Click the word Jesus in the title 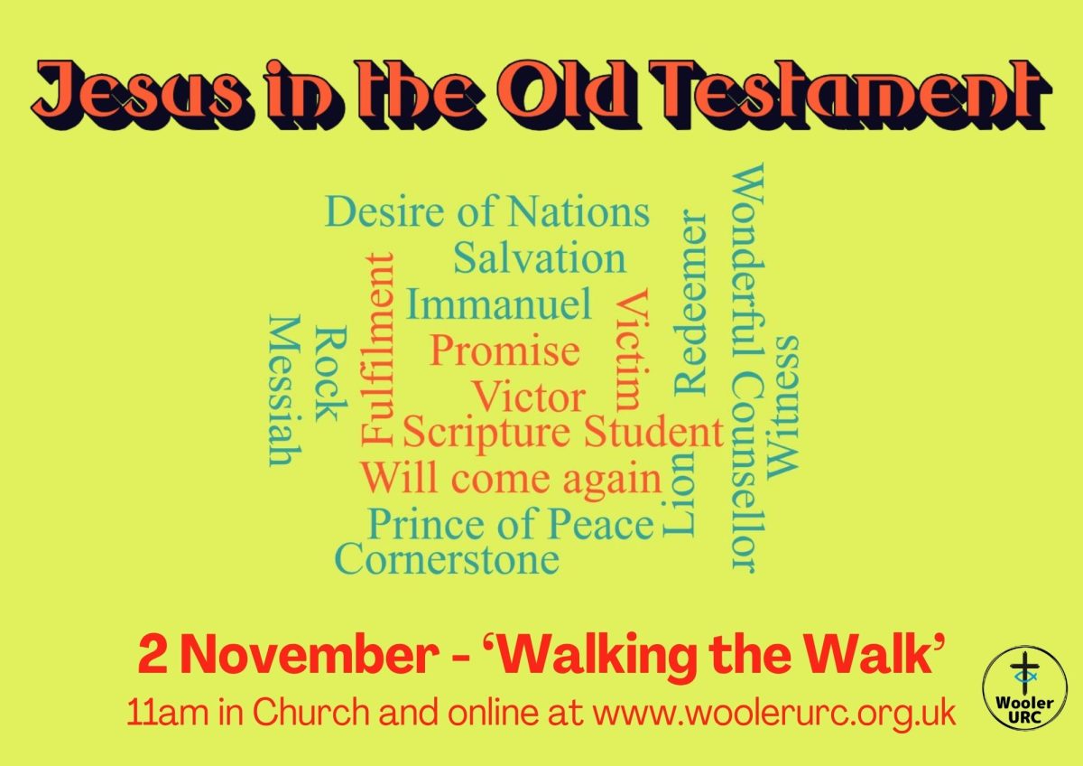[138, 94]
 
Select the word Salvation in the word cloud [540, 258]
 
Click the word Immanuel [499, 304]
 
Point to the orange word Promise [504, 351]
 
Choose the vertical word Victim [631, 350]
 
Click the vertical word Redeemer [690, 303]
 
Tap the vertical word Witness [782, 407]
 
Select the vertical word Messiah [285, 390]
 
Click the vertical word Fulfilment [377, 350]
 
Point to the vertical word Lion [679, 496]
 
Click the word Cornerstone [448, 558]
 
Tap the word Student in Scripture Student [653, 432]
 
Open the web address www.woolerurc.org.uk [774, 714]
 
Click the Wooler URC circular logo [1024, 688]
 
